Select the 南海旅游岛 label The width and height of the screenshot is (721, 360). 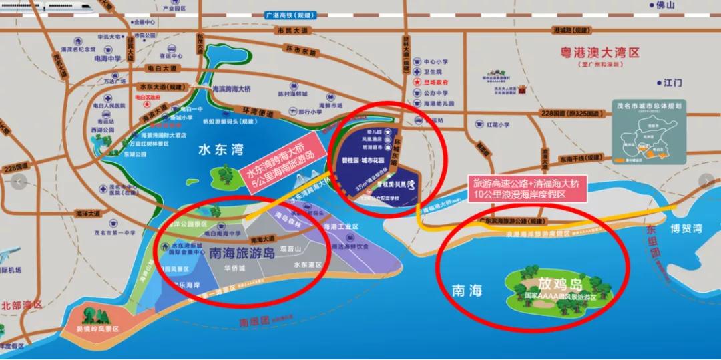pyautogui.click(x=242, y=254)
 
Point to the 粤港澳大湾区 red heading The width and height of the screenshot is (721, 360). pyautogui.click(x=601, y=52)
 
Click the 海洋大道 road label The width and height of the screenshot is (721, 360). pyautogui.click(x=87, y=213)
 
